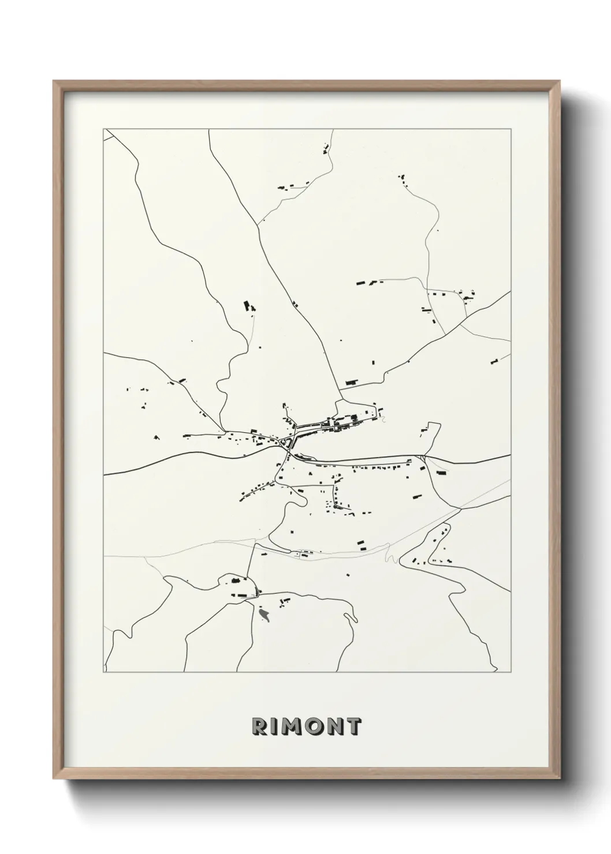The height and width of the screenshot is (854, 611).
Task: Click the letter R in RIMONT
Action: [x=258, y=726]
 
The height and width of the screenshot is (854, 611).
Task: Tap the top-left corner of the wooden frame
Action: [x=54, y=81]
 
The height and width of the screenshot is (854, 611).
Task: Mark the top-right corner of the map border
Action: [x=511, y=129]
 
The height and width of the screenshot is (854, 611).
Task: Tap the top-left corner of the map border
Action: [x=104, y=129]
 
